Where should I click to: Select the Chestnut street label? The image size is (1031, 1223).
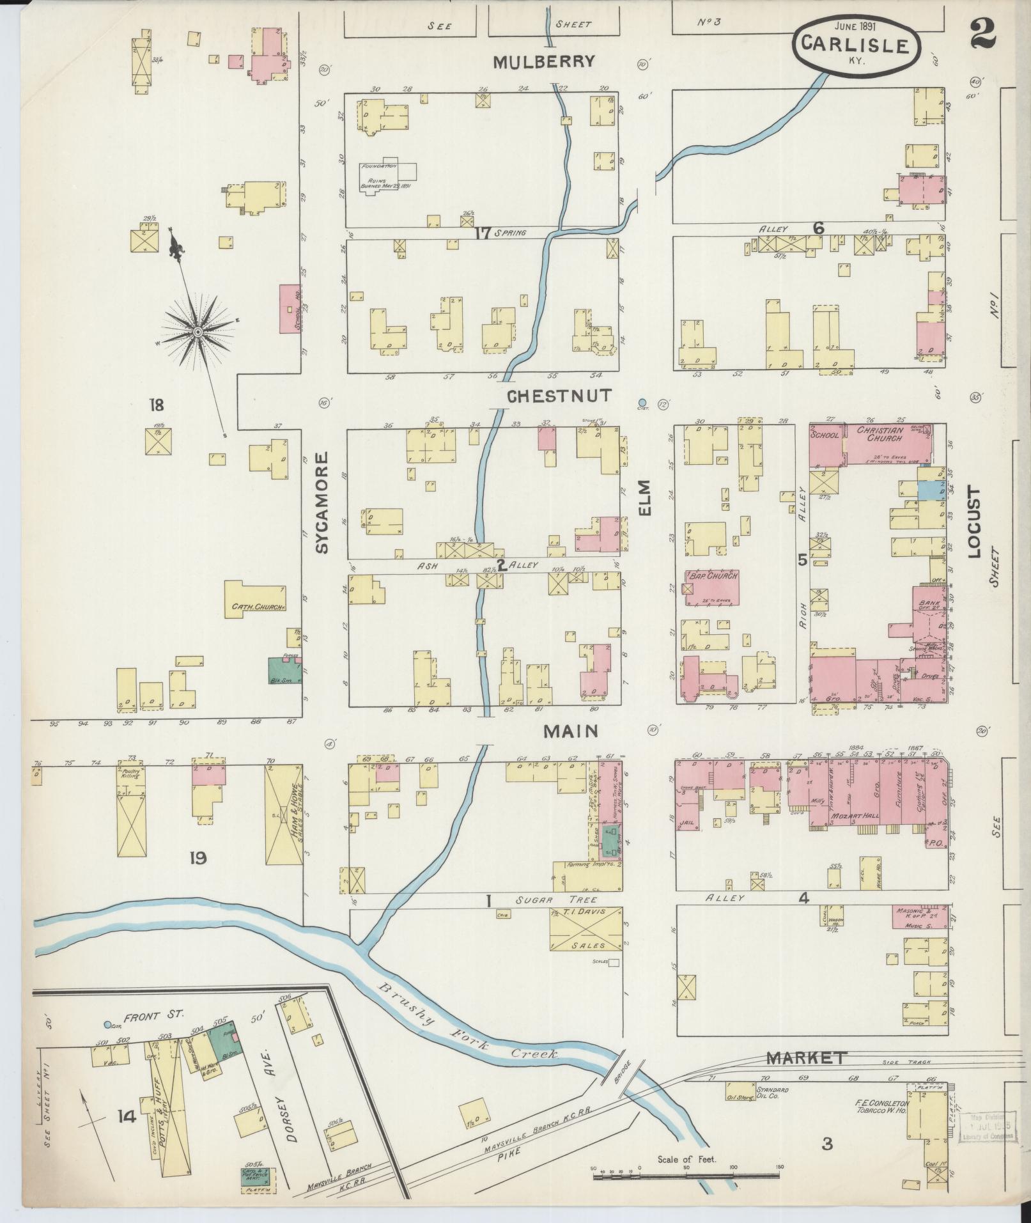coord(559,396)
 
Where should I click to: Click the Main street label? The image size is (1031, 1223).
coord(570,731)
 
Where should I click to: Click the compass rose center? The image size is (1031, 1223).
coord(198,332)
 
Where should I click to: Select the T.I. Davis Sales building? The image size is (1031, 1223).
coord(585,928)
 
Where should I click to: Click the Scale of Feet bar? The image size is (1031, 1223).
coord(688,1174)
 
